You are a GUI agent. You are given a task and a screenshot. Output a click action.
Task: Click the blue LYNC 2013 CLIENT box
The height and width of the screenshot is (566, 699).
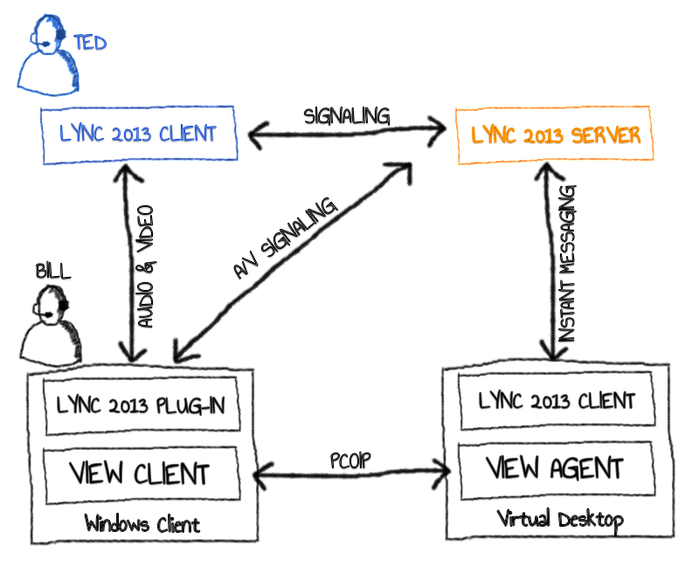[139, 134]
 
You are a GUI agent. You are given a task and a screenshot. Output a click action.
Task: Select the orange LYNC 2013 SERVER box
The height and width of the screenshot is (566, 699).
[554, 135]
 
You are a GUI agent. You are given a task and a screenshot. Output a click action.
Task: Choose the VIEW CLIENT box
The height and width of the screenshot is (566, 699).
[141, 473]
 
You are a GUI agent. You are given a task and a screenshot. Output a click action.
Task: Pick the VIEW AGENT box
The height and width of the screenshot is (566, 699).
[555, 469]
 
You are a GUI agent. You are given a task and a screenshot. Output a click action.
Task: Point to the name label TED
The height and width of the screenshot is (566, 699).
[90, 43]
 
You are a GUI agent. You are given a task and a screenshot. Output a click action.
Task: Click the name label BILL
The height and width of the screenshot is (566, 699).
[53, 272]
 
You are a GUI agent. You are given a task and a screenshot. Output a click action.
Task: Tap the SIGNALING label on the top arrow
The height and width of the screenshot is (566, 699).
[347, 115]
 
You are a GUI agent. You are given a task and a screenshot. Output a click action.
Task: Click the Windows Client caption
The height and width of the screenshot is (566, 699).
[142, 524]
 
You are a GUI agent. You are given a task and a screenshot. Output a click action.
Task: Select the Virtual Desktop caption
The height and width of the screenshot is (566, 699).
[561, 521]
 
